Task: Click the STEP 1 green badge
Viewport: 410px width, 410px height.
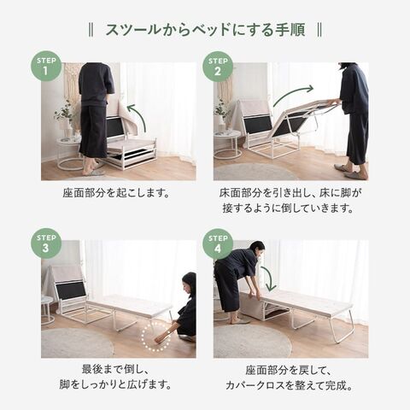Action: coord(46,67)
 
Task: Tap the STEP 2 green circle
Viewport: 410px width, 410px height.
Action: coord(218,67)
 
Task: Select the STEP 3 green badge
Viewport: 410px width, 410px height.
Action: coord(46,243)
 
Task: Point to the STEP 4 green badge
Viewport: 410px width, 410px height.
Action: coord(218,244)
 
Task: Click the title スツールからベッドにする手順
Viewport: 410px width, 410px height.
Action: coord(205,30)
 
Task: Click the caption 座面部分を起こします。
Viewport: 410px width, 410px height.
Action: coord(116,193)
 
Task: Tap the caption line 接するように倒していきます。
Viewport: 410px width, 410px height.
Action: coord(288,208)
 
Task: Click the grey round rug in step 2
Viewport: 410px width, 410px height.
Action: coord(255,172)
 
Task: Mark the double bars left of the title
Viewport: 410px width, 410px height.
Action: coord(91,30)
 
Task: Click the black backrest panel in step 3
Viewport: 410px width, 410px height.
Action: coord(71,290)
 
